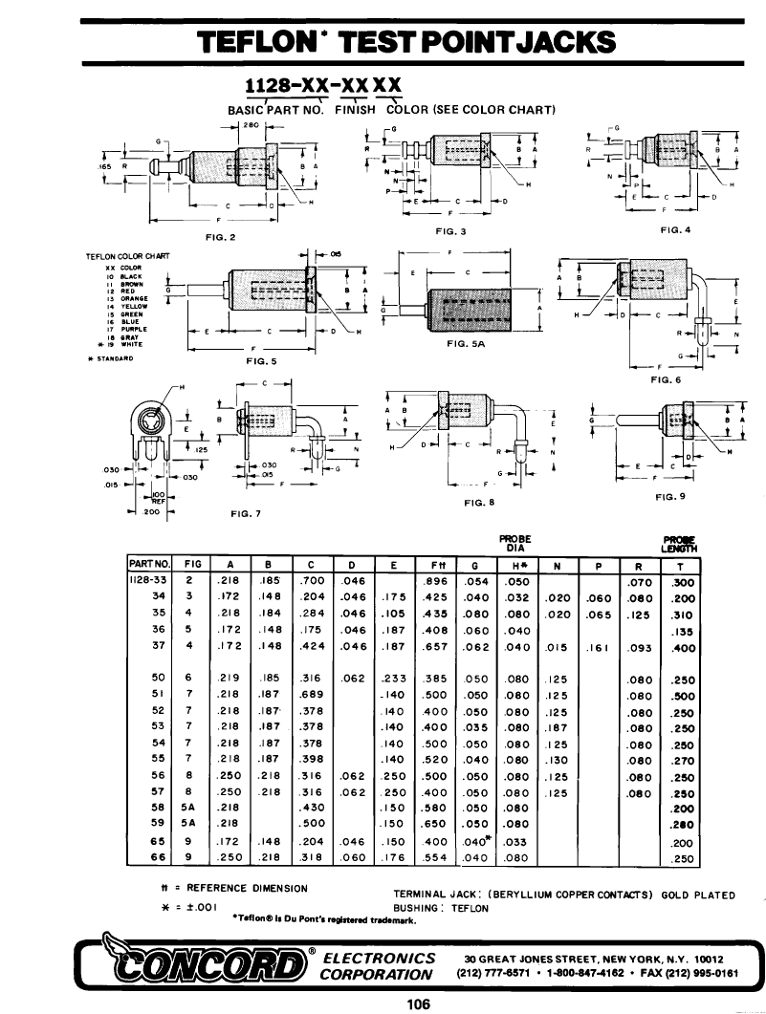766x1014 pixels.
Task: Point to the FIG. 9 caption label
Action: click(670, 496)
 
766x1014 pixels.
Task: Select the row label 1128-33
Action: click(148, 580)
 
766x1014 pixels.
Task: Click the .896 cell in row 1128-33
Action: click(435, 580)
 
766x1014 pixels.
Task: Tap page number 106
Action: click(418, 1003)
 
